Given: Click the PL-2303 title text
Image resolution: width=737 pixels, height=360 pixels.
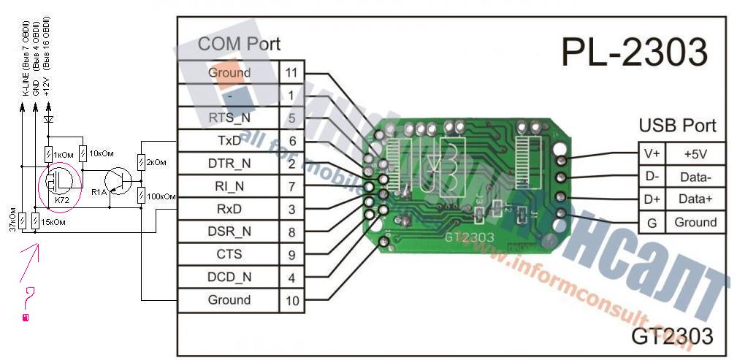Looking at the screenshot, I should point(634,53).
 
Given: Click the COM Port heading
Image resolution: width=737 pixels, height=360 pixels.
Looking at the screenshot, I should point(239,44).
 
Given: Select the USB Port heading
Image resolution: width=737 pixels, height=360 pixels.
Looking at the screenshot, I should point(677,125).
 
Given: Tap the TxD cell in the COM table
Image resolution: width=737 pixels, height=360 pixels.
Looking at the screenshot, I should point(229,141).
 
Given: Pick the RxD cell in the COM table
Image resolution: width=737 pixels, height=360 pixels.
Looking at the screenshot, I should point(229,209).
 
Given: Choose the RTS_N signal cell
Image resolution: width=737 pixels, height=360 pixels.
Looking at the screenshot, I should point(229,118).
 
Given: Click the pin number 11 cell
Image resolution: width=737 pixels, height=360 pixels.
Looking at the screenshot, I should point(291,72).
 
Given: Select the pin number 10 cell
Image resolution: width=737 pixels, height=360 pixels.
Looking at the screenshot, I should point(291,300).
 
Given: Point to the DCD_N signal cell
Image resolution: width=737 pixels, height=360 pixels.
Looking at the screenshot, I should point(229,277).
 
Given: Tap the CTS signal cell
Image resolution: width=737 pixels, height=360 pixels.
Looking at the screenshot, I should point(229,254).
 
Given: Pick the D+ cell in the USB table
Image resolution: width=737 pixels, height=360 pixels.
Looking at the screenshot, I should point(652,199).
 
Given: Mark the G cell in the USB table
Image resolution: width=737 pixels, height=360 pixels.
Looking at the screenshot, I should point(652,222).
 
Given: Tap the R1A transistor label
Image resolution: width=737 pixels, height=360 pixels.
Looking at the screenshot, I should point(99,192).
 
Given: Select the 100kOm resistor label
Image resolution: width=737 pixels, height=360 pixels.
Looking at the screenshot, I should point(160,196).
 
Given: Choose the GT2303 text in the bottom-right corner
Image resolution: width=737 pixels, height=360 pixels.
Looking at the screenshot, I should point(672,337).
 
